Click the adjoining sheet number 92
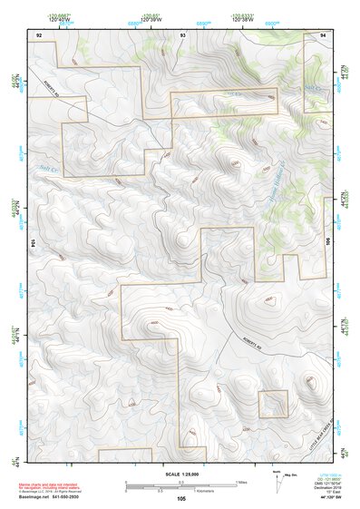coord(39,34)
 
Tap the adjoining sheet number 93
coord(182,34)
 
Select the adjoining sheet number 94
coord(324,34)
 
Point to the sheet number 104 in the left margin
coord(33,244)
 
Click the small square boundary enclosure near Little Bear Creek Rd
coord(273,404)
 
